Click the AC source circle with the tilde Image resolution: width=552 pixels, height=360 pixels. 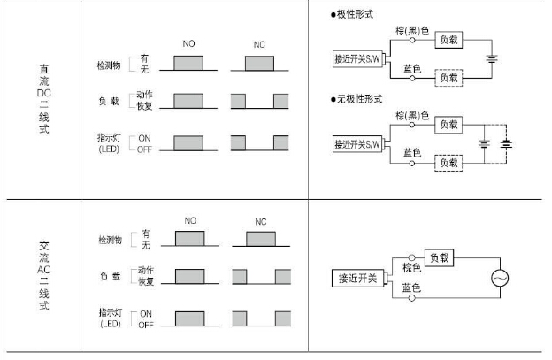click(501, 278)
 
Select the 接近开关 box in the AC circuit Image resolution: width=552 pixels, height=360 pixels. click(358, 279)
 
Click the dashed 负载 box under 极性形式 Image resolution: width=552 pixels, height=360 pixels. click(448, 78)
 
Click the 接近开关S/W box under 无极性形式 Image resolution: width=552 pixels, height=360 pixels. click(356, 143)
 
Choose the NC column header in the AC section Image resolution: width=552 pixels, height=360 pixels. click(260, 221)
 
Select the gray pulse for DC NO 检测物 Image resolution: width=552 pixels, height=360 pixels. click(189, 63)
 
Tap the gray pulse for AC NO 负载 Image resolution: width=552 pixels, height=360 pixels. click(189, 276)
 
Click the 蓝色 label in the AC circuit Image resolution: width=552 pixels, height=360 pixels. click(410, 288)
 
